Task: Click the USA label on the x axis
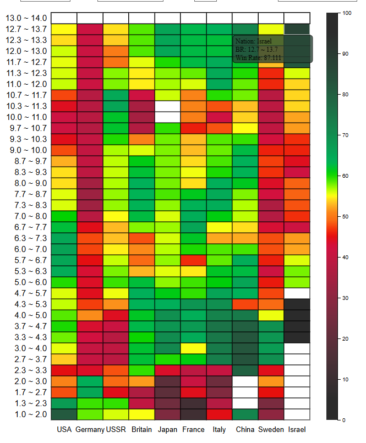click(64, 429)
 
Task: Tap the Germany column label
click(90, 429)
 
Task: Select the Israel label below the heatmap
click(297, 429)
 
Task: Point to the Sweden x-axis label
click(271, 429)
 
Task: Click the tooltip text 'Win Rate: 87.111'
click(258, 57)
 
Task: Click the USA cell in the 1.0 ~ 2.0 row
click(64, 414)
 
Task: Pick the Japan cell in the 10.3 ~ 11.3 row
click(167, 106)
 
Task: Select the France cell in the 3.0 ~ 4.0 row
click(193, 348)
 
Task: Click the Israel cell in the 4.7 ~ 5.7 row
click(297, 293)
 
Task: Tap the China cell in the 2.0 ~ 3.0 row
click(245, 381)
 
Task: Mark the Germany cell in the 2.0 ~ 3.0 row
click(90, 381)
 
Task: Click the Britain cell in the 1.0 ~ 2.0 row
click(141, 414)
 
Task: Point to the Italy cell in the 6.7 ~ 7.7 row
click(219, 227)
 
